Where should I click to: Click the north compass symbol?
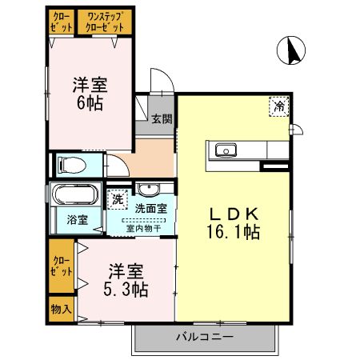[x=294, y=52]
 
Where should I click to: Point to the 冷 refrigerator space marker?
[x=279, y=106]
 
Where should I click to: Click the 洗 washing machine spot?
[x=118, y=198]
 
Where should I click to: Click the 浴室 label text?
[x=77, y=218]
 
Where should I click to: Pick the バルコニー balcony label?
[x=205, y=337]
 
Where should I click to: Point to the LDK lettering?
[x=234, y=214]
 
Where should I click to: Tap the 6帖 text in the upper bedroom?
[x=90, y=103]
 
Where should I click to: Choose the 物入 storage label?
[x=62, y=307]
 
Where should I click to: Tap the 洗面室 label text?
[x=150, y=208]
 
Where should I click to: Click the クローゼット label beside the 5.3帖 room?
[x=61, y=266]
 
